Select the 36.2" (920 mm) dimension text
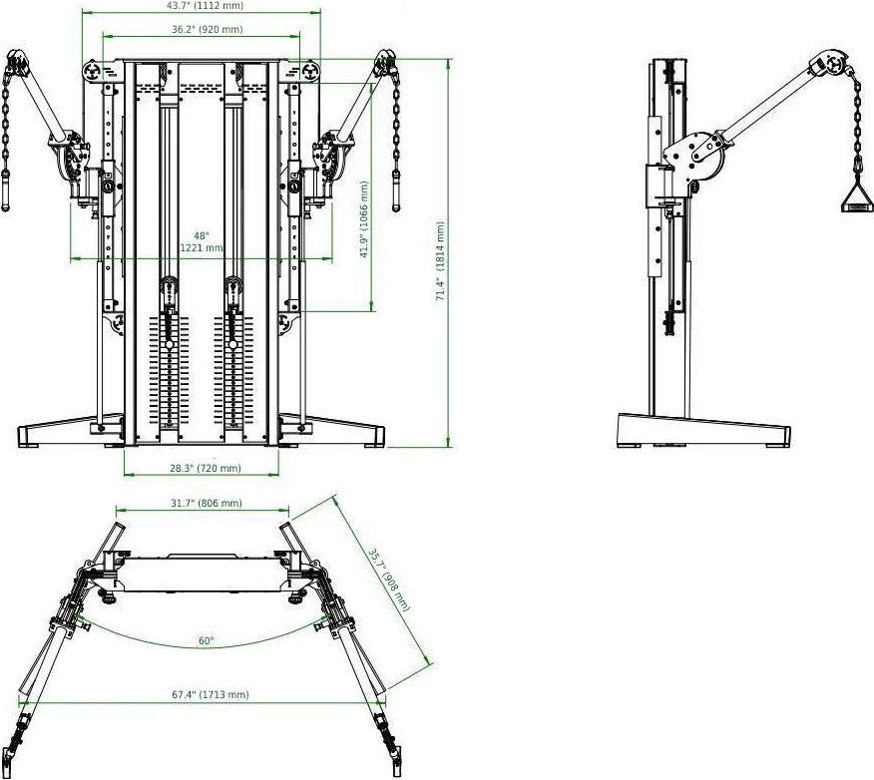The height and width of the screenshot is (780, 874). point(207,30)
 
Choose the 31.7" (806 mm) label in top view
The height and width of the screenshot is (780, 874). point(206,504)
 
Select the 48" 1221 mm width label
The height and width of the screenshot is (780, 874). point(201,241)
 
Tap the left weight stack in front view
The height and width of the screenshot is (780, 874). point(169,368)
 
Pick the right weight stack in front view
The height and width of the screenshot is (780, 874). point(234,368)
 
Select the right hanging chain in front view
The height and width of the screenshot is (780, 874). point(395,130)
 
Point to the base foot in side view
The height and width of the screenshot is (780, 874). point(703,431)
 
